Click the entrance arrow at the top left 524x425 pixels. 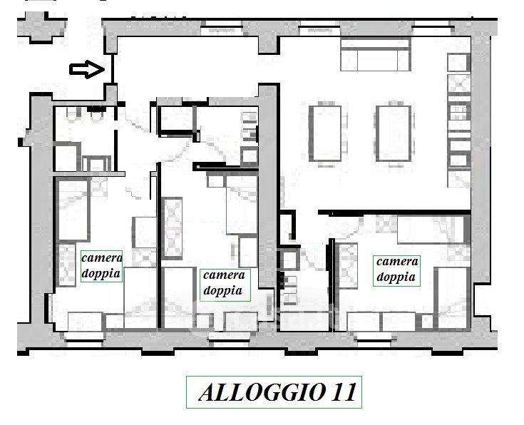point(87,70)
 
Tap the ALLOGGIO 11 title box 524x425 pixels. point(274,392)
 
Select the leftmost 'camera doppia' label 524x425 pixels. point(101,266)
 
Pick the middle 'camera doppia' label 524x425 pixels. point(225,283)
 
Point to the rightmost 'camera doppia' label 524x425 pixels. point(396,270)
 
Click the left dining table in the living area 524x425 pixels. point(325,133)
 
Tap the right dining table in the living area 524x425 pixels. point(394,133)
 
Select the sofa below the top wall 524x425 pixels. point(375,56)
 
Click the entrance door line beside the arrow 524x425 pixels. point(113,69)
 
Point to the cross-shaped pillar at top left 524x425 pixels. point(41,27)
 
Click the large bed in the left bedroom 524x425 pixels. point(73,210)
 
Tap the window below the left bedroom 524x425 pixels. point(83,341)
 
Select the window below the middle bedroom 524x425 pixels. point(229,340)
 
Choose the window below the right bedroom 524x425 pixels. point(374,340)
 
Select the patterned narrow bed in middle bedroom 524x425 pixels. point(172,228)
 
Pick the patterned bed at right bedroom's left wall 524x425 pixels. point(348,266)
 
